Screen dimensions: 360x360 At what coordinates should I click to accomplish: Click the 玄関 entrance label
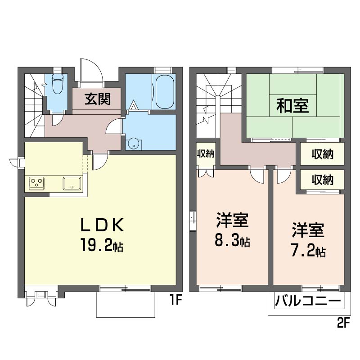pyautogui.click(x=97, y=99)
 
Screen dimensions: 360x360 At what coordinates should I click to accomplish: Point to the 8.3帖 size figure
pyautogui.click(x=232, y=242)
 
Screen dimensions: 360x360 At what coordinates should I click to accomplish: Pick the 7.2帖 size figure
pyautogui.click(x=308, y=251)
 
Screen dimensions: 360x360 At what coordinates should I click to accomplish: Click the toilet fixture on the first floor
pyautogui.click(x=57, y=85)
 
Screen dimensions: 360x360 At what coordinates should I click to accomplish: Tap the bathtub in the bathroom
pyautogui.click(x=163, y=91)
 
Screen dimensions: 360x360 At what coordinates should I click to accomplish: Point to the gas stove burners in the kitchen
pyautogui.click(x=36, y=183)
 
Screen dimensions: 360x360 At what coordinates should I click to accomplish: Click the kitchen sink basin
pyautogui.click(x=72, y=183)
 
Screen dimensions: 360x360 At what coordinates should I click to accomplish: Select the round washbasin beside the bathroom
pyautogui.click(x=134, y=144)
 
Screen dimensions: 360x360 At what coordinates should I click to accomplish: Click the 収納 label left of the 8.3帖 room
pyautogui.click(x=206, y=154)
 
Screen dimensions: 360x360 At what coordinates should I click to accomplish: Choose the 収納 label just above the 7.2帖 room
pyautogui.click(x=322, y=180)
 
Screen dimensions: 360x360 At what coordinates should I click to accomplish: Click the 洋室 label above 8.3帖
pyautogui.click(x=232, y=221)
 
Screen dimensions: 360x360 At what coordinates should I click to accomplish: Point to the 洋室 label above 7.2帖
pyautogui.click(x=308, y=230)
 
